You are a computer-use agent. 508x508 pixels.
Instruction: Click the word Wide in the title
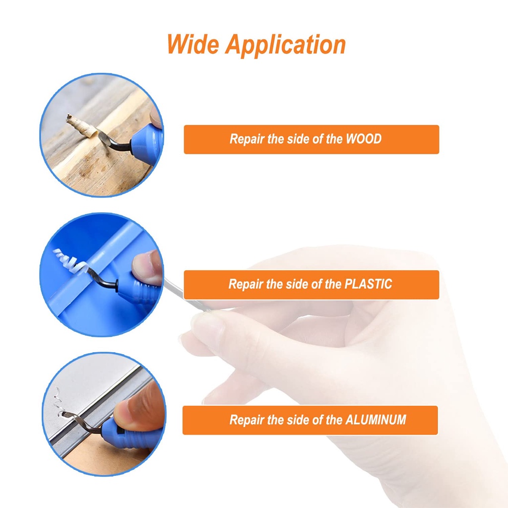(x=193, y=44)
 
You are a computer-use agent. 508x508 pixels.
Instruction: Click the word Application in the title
(x=286, y=46)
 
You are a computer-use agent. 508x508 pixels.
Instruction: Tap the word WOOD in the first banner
(x=364, y=139)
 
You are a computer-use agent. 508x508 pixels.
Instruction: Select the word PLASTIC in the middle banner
(x=368, y=284)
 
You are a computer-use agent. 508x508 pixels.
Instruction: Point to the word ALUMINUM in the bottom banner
(x=376, y=420)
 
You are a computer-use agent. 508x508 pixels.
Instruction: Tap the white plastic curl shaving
(x=70, y=262)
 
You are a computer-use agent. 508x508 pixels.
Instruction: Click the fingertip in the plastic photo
(x=146, y=267)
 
